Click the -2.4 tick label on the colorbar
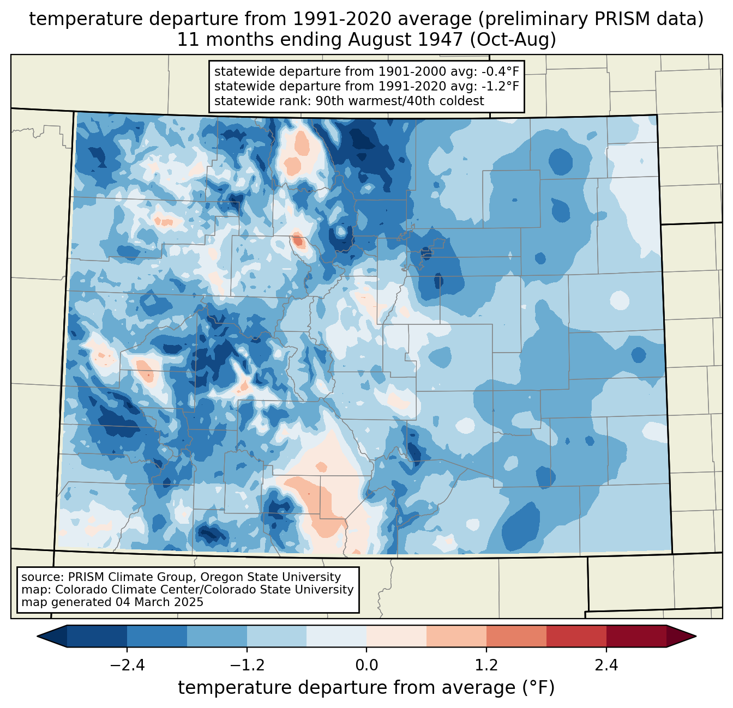tap(127, 665)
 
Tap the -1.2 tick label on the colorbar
tap(247, 665)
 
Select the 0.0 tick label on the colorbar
tap(366, 665)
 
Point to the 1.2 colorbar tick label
tap(486, 665)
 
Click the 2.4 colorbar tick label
tap(606, 665)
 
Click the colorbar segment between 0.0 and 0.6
tap(396, 636)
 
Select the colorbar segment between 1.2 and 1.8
tap(516, 636)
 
